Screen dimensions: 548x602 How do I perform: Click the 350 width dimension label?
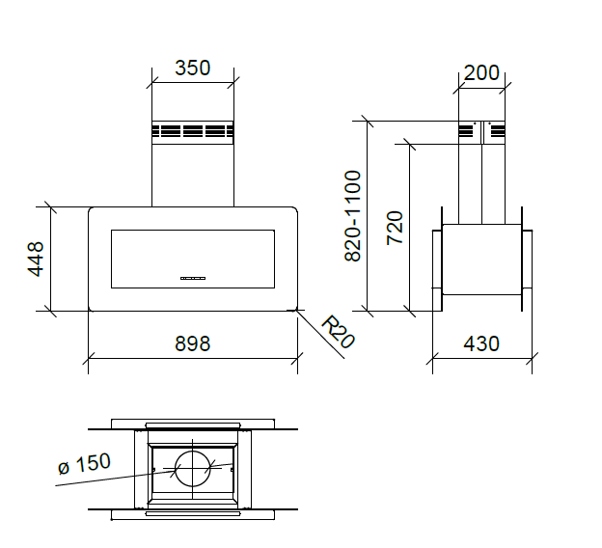pos(192,68)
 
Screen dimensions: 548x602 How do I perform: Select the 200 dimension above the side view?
pos(481,73)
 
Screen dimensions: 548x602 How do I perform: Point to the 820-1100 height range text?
pos(352,216)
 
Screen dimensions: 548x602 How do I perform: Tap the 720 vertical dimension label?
pos(395,227)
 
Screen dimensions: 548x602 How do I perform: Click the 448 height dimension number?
pos(36,260)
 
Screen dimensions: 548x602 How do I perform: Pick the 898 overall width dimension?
pos(192,343)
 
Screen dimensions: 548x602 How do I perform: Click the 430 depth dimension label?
pos(479,343)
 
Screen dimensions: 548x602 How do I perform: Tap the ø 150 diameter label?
pos(84,464)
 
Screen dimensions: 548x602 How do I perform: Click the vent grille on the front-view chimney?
pos(192,132)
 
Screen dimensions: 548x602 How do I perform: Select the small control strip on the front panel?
pos(193,278)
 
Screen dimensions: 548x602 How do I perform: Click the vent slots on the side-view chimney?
pos(481,132)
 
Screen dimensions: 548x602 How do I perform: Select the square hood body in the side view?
pos(481,260)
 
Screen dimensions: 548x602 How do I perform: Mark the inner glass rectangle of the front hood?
pos(193,259)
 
